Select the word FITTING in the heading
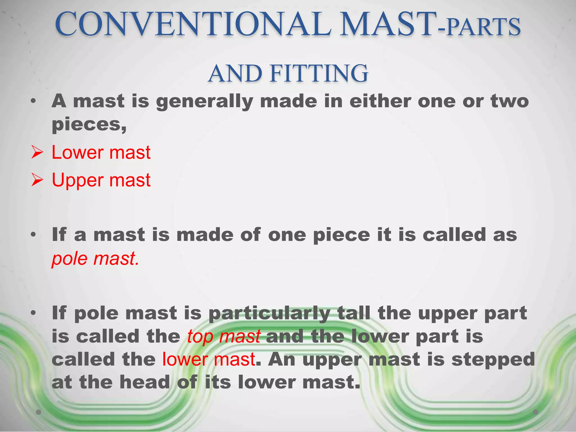319,74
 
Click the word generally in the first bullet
204,102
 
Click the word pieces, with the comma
89,125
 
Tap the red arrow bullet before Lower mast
37,153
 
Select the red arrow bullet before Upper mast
37,180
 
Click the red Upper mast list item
101,180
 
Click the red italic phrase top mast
224,336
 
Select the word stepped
493,360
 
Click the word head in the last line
145,382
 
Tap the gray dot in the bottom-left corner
39,412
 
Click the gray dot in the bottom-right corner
535,412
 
